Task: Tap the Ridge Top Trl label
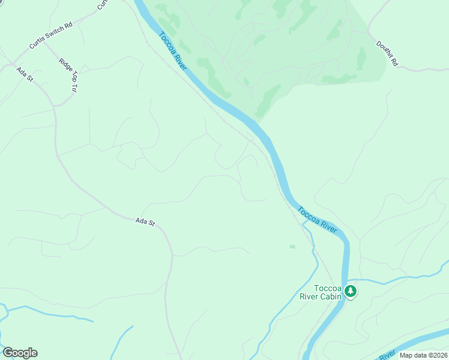pos(68,74)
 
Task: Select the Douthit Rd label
pos(387,53)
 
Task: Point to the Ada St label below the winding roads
pos(145,222)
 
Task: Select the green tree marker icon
pos(351,292)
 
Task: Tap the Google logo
pos(20,353)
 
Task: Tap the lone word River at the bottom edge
pos(387,355)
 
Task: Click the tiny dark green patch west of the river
pos(292,247)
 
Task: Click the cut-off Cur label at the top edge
pos(103,4)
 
